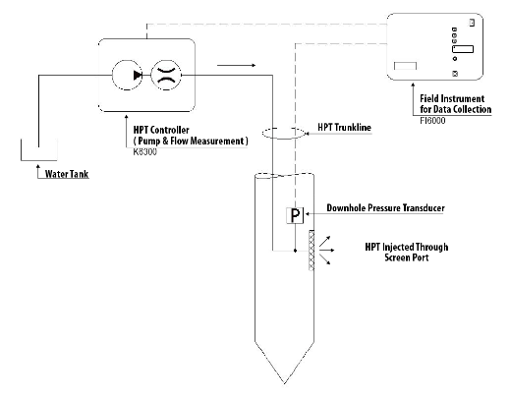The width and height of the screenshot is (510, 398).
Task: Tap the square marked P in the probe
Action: click(x=295, y=215)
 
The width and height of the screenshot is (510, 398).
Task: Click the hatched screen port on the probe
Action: click(x=312, y=251)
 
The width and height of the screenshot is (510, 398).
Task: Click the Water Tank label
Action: click(x=67, y=174)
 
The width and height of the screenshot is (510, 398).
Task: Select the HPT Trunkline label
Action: click(x=344, y=128)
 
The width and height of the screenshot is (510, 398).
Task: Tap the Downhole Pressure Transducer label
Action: click(x=385, y=208)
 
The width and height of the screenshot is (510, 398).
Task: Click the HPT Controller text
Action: click(x=161, y=130)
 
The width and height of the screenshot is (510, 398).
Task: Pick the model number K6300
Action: click(x=144, y=152)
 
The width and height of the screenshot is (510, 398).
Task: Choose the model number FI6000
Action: click(x=432, y=121)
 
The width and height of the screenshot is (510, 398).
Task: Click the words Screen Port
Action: click(x=407, y=257)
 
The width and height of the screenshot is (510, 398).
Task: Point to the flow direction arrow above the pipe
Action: click(x=236, y=65)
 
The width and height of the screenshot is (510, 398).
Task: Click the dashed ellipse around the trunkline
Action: click(x=284, y=139)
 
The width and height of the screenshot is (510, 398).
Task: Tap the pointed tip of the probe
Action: click(x=284, y=383)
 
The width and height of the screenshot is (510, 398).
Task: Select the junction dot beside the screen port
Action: click(x=295, y=251)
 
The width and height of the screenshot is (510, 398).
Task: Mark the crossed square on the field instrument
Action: click(x=455, y=74)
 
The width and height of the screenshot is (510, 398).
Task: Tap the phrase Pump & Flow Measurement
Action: click(x=191, y=142)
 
